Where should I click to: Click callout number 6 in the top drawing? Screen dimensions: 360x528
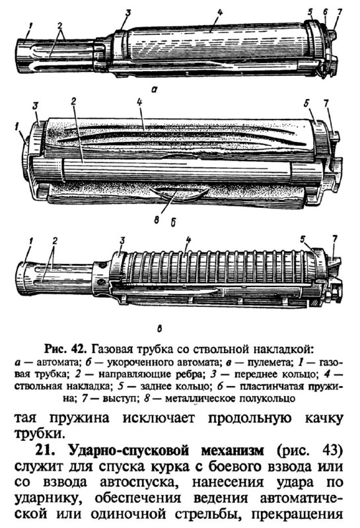pyautogui.click(x=325, y=12)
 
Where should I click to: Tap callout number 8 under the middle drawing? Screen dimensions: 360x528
pyautogui.click(x=157, y=220)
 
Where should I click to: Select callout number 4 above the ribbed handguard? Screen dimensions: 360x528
pyautogui.click(x=188, y=240)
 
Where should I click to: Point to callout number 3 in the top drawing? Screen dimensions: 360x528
pyautogui.click(x=127, y=13)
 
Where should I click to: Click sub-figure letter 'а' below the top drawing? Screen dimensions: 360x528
pyautogui.click(x=154, y=89)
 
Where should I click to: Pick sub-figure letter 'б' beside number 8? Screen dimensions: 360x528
pyautogui.click(x=173, y=222)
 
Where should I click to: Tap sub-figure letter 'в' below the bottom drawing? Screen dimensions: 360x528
pyautogui.click(x=159, y=327)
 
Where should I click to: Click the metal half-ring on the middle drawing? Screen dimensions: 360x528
pyautogui.click(x=178, y=193)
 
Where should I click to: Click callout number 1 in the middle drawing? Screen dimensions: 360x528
pyautogui.click(x=17, y=127)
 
